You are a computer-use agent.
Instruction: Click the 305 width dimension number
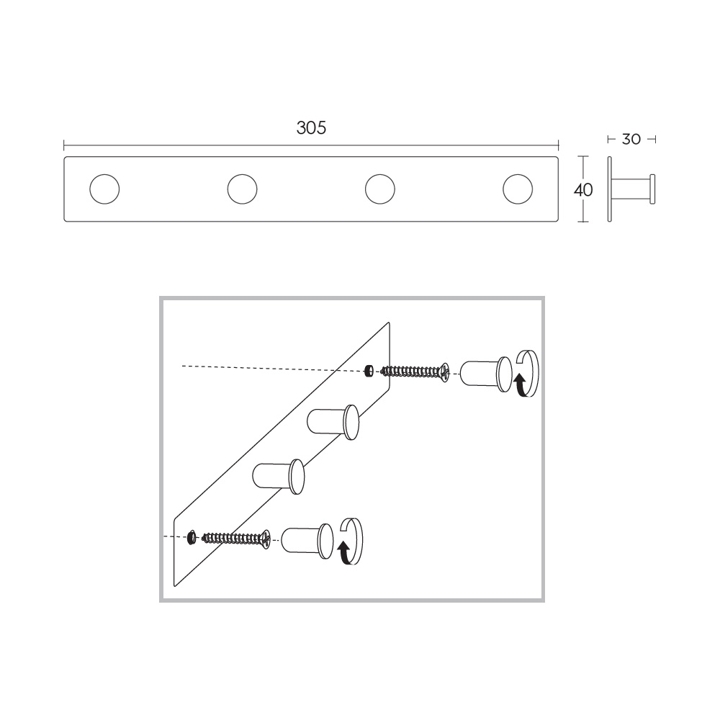(311, 127)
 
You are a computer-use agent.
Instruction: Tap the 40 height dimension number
(583, 189)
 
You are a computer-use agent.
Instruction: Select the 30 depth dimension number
(631, 139)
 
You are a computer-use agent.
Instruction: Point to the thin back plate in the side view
(610, 189)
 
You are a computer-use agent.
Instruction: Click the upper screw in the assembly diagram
(415, 371)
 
